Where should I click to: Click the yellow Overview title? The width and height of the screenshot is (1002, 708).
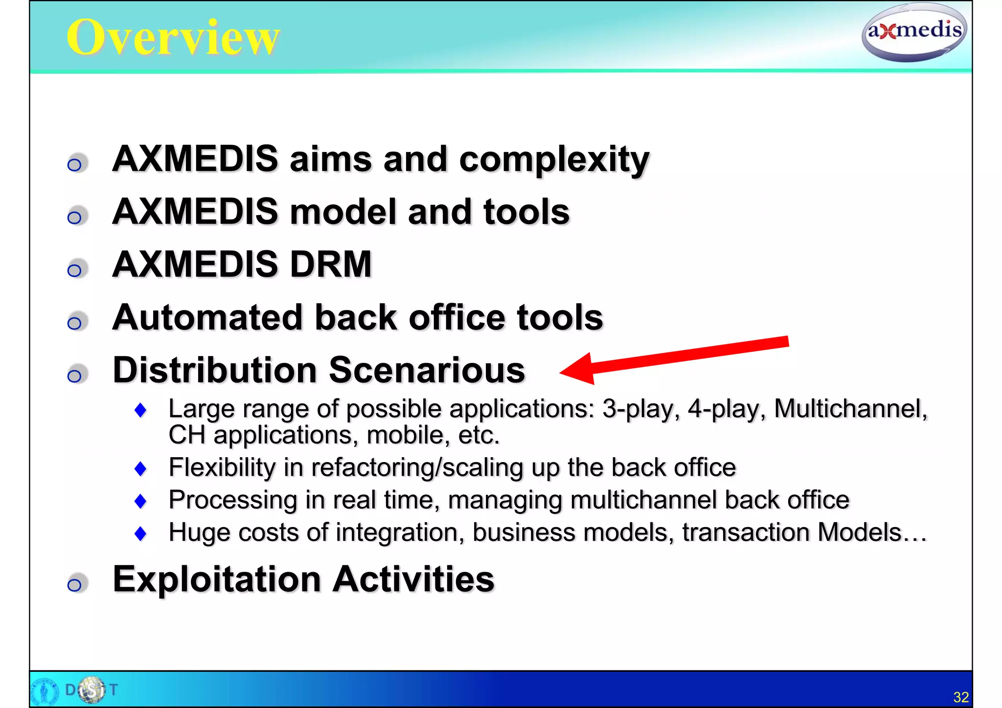click(173, 38)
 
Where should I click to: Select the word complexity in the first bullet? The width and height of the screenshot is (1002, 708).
click(554, 159)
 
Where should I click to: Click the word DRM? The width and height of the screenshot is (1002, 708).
click(331, 265)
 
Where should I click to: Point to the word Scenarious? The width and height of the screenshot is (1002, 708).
click(427, 370)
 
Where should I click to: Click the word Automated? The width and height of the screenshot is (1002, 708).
click(207, 317)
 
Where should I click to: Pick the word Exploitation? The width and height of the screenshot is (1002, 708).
click(217, 579)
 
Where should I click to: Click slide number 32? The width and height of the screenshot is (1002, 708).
click(960, 697)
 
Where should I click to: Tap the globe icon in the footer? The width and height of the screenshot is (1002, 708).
click(91, 689)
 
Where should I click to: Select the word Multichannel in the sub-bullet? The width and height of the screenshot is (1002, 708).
click(850, 409)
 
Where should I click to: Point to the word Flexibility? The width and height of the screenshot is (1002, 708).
click(222, 467)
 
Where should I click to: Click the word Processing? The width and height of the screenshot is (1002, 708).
click(233, 500)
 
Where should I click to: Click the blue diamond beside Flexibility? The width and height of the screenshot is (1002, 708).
click(140, 468)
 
